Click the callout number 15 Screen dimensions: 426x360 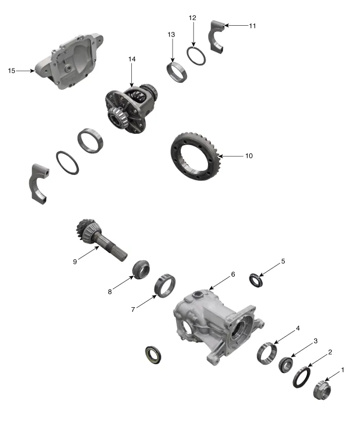coord(11,70)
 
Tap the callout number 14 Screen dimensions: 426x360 coord(132,60)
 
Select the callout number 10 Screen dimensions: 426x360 coord(249,155)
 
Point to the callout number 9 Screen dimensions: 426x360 coord(76,261)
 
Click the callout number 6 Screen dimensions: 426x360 coord(233,274)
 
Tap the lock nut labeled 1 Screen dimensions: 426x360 coord(322,389)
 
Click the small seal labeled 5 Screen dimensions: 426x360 coord(256,279)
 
